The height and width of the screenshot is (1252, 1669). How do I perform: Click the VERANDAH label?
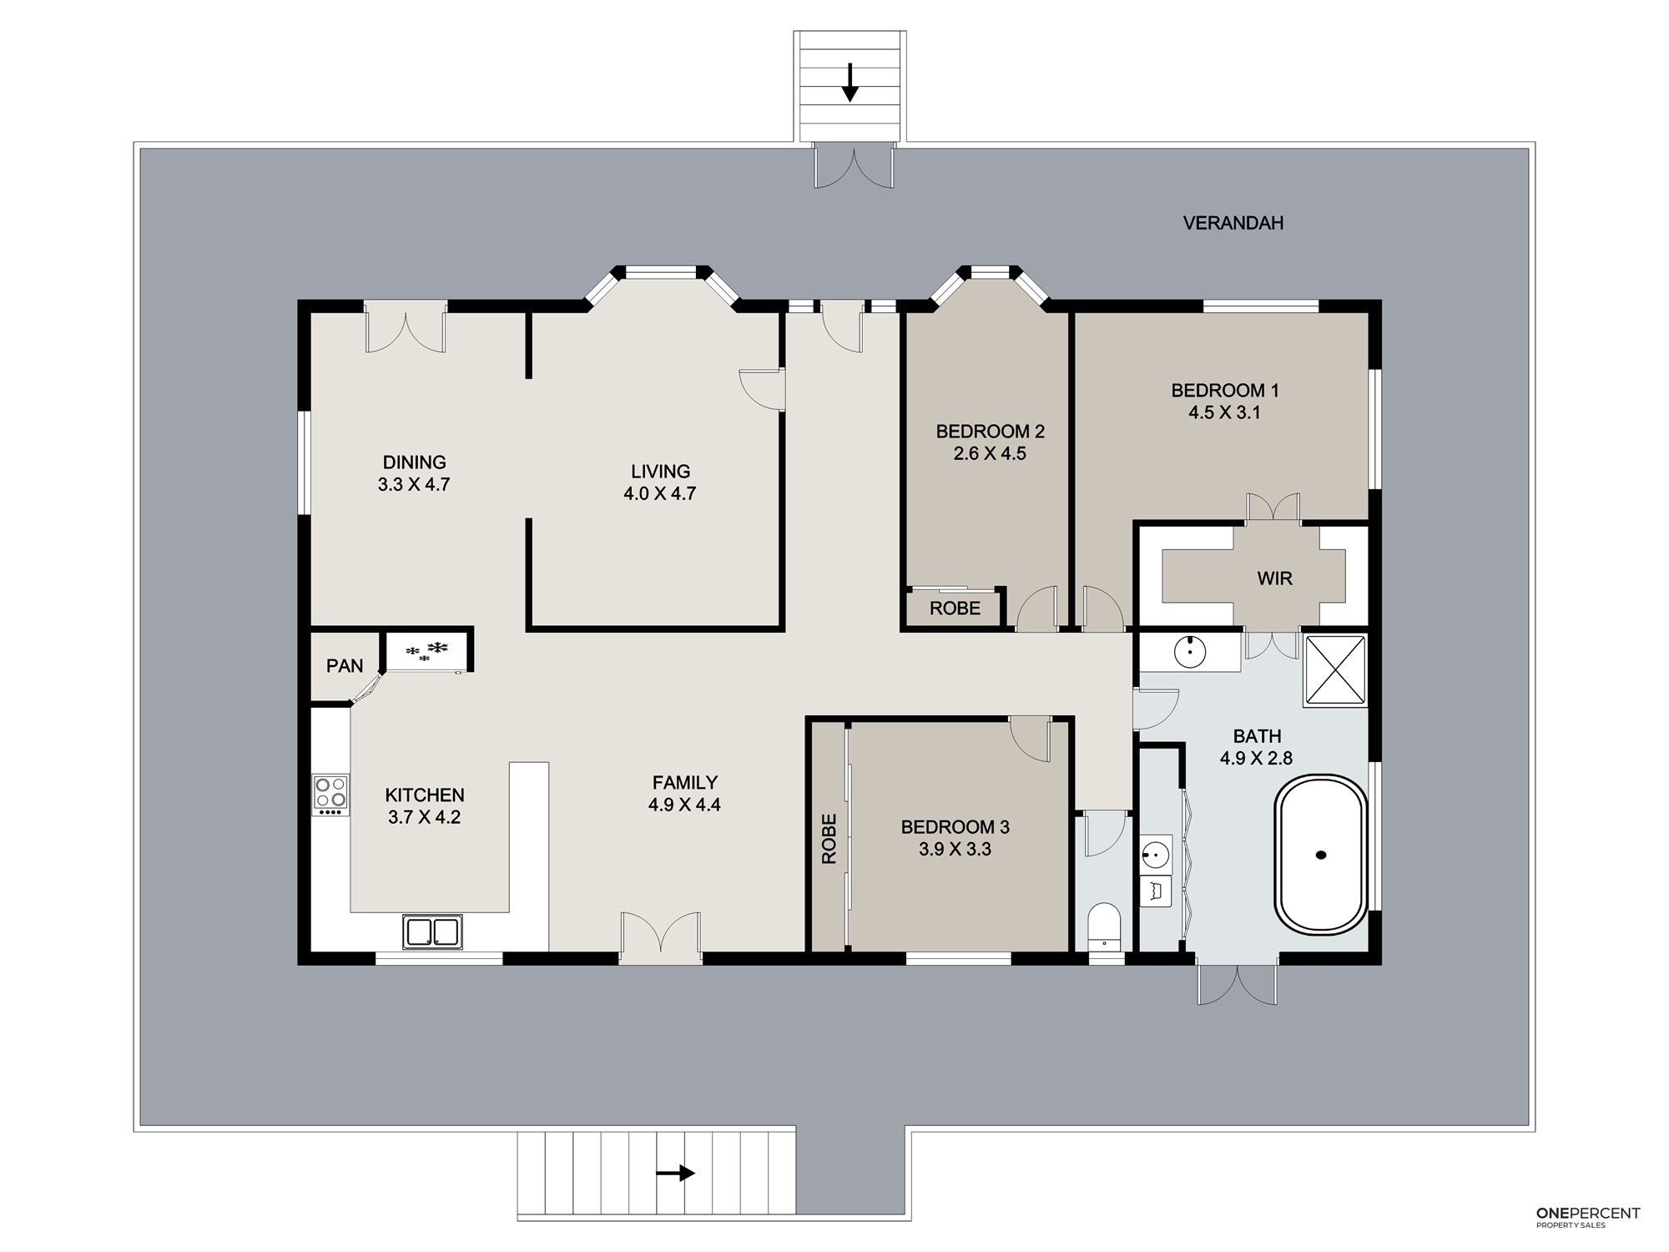(x=1233, y=223)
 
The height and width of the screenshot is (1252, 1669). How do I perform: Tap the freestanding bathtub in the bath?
(x=1320, y=855)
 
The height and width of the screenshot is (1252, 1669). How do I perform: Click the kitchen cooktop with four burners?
(x=330, y=795)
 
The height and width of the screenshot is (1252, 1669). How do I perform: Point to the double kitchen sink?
(x=432, y=931)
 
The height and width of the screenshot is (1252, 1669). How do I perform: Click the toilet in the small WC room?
(x=1105, y=926)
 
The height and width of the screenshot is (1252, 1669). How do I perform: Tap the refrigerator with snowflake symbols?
(x=426, y=651)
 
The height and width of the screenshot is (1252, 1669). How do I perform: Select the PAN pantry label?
(x=345, y=666)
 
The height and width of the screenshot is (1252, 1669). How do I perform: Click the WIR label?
(x=1274, y=578)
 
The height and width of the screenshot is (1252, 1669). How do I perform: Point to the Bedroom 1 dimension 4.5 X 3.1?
(x=1224, y=412)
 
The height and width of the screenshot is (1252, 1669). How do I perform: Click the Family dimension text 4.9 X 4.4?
(x=684, y=805)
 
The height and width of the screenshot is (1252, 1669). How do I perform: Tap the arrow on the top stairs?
(x=850, y=83)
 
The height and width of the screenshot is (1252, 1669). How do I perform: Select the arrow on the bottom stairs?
(x=675, y=1173)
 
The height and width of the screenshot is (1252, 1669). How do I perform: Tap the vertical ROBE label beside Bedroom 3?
(x=829, y=838)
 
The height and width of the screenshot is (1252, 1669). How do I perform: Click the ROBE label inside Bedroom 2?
(x=955, y=608)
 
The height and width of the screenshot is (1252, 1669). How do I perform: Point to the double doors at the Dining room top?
(x=406, y=331)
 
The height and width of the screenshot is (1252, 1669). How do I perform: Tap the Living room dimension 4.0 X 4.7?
(x=659, y=493)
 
